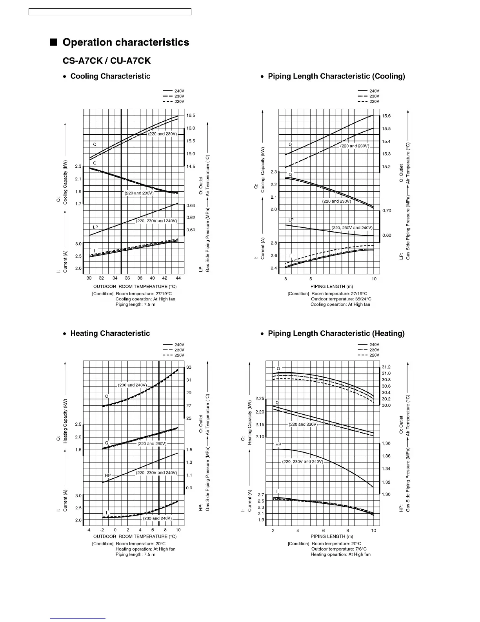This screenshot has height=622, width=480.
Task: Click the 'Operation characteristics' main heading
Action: coord(125,42)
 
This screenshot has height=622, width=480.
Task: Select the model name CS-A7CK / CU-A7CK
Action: coord(107,61)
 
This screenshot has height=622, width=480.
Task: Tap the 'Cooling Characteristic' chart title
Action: coord(110,76)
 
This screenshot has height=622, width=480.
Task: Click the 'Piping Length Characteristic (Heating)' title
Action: coord(336,333)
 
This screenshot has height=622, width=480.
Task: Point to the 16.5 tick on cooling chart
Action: coord(191,115)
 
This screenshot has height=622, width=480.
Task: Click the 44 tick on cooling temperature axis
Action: coord(178,278)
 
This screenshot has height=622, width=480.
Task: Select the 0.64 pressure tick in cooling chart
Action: coord(191,205)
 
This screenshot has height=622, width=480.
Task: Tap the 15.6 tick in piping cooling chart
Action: coord(386,116)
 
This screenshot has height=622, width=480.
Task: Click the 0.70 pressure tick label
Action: coord(387,210)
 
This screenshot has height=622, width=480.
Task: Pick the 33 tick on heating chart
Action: coord(189,367)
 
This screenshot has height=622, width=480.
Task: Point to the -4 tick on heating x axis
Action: coord(89,530)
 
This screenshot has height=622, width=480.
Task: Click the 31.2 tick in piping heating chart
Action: coord(386,367)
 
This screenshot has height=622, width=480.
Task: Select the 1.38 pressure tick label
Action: coord(386,443)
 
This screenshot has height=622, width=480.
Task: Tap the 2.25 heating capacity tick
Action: coord(260,399)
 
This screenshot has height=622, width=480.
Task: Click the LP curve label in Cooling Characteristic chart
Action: coord(95,227)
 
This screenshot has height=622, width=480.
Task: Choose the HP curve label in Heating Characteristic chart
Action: coord(108,476)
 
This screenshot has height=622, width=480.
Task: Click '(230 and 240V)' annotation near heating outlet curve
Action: coord(133,385)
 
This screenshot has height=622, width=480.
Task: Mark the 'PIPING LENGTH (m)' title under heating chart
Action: coord(332,536)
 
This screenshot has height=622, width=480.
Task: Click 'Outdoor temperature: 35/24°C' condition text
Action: coord(341,299)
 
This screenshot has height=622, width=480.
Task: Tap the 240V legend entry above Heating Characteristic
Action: coord(174,345)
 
